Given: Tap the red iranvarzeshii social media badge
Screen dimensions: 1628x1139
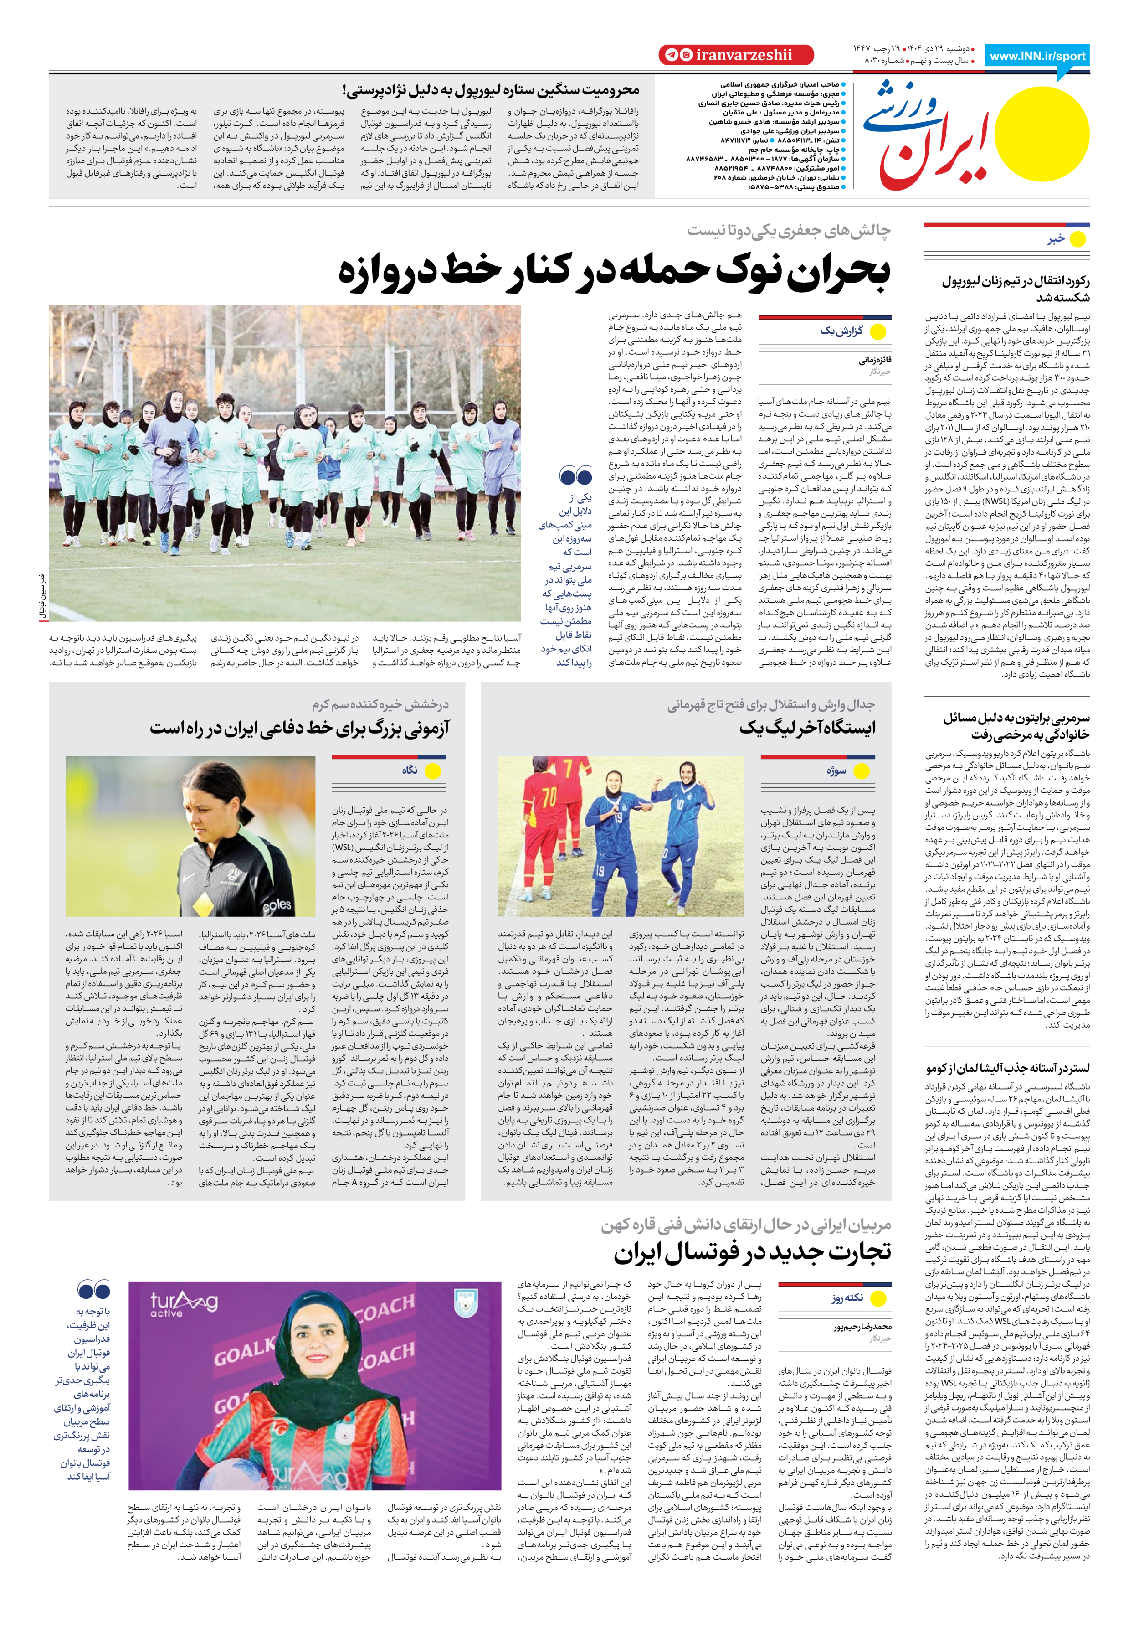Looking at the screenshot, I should point(736,55).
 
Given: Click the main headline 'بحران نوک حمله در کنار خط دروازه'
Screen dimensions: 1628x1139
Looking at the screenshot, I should point(614,272).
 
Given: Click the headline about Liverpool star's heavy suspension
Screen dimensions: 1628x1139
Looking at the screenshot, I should point(491,90).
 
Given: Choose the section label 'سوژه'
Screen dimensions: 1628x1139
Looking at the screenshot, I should point(836,771).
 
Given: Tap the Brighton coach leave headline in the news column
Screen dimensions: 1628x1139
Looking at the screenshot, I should point(1016,726).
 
